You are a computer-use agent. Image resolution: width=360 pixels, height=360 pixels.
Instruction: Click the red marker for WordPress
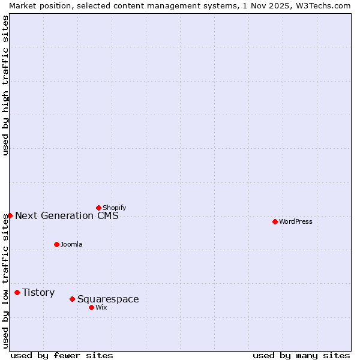pyautogui.click(x=275, y=221)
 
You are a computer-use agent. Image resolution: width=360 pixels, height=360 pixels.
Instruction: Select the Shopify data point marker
pyautogui.click(x=98, y=208)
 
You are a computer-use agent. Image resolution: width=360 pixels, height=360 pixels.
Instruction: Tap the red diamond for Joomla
pyautogui.click(x=56, y=244)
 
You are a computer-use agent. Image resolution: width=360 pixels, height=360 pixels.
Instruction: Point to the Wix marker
pyautogui.click(x=91, y=307)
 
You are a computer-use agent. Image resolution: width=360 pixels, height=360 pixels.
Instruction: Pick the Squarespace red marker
pyautogui.click(x=72, y=299)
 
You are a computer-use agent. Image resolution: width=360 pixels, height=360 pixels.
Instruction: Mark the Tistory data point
pyautogui.click(x=17, y=292)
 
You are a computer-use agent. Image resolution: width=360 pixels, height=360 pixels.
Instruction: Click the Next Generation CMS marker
pyautogui.click(x=10, y=215)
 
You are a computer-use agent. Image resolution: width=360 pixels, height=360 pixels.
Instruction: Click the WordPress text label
pyautogui.click(x=296, y=221)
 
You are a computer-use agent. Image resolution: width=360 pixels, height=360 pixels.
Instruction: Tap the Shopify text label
pyautogui.click(x=114, y=208)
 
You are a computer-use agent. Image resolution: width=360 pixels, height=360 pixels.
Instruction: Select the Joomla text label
pyautogui.click(x=71, y=244)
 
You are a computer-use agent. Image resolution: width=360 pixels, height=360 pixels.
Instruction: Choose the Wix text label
pyautogui.click(x=101, y=307)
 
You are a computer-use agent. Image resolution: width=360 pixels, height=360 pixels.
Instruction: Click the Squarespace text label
pyautogui.click(x=108, y=299)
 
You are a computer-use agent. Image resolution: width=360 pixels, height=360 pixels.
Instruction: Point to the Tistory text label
pyautogui.click(x=38, y=292)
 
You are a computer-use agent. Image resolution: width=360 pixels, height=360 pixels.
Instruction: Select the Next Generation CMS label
pyautogui.click(x=67, y=215)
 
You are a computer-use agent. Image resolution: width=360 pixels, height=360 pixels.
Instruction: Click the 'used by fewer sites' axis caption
pyautogui.click(x=62, y=355)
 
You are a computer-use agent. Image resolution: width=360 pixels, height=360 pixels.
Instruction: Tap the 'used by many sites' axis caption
pyautogui.click(x=301, y=355)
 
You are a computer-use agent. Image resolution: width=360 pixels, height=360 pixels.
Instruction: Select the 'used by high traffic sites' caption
pyautogui.click(x=5, y=85)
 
